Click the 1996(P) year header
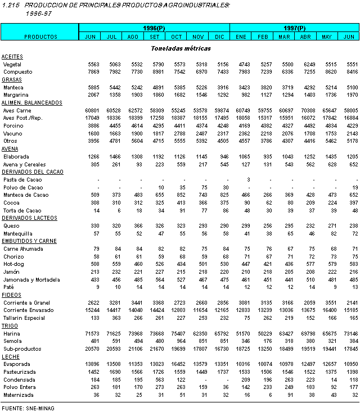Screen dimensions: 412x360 (x=154, y=28)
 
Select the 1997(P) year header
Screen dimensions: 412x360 (x=294, y=28)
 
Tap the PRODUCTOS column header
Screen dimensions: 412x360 (x=40, y=37)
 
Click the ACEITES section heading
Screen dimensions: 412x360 (x=12, y=57)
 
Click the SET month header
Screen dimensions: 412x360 (x=155, y=37)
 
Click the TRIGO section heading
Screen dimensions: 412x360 (x=10, y=325)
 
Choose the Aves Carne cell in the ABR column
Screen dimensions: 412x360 (x=307, y=110)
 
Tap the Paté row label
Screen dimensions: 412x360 (x=9, y=286)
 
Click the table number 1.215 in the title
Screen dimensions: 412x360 (x=11, y=4)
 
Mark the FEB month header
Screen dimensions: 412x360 (x=263, y=37)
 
